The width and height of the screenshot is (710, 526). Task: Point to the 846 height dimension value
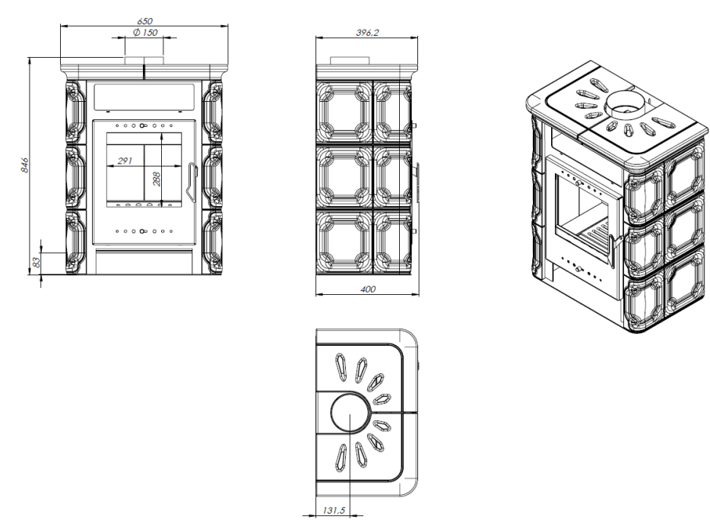click(24, 165)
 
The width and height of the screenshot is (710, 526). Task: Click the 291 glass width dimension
click(116, 160)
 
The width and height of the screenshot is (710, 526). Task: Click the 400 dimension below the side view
click(367, 289)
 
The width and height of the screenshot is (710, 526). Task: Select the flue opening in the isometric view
click(623, 103)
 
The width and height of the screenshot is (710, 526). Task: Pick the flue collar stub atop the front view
click(144, 59)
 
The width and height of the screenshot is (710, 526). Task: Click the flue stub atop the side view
click(341, 60)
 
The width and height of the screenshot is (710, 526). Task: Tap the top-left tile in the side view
click(344, 112)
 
